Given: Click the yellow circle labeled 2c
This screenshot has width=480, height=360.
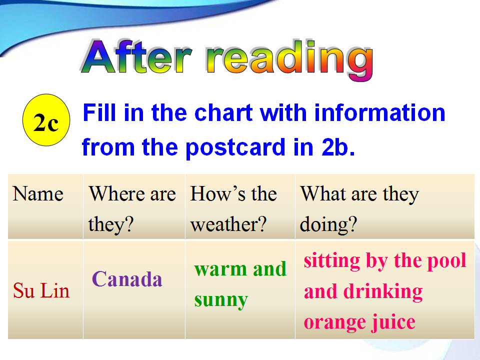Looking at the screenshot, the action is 46,120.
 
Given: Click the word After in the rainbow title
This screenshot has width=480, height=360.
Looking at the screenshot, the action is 136,56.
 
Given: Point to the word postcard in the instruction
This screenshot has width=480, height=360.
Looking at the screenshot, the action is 235,148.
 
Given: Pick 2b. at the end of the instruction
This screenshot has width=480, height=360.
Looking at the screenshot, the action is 338,147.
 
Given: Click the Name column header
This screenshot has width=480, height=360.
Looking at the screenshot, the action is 38,194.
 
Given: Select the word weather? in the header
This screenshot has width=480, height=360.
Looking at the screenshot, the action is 228,224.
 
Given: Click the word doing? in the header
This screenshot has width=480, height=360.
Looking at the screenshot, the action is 328,225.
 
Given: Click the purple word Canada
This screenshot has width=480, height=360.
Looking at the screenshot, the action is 127,279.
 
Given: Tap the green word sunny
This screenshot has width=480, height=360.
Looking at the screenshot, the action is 221,300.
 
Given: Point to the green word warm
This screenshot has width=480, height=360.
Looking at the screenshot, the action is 220,269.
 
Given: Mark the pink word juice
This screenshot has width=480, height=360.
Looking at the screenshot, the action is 393,322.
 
